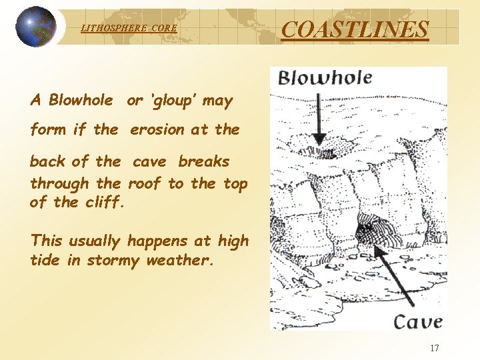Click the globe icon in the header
coord(35,27)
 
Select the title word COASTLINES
coord(355,29)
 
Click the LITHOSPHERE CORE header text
coord(129,28)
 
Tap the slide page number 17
coord(435,347)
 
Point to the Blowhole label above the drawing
coord(325,78)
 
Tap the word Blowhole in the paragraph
coord(81,101)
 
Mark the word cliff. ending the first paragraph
coord(105,201)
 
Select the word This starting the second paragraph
coord(47,241)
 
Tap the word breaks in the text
coord(203,161)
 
